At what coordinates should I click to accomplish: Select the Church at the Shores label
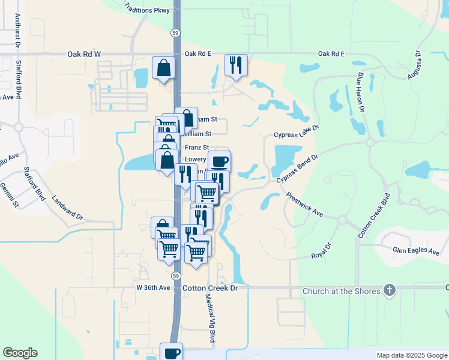coord(341,292)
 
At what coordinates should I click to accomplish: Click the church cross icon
coord(390,291)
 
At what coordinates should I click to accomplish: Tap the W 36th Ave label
coord(153,287)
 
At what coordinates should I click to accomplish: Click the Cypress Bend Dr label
coord(297,168)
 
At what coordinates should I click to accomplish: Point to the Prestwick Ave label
coord(304,205)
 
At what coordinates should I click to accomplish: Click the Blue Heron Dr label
coord(361,92)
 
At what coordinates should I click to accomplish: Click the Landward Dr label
coord(67,206)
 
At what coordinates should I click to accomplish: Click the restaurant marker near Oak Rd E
coord(236,65)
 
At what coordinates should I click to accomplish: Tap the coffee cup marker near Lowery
coord(219,161)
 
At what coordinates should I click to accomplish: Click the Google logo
coord(20,353)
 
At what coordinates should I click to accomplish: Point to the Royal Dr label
coord(321,251)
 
